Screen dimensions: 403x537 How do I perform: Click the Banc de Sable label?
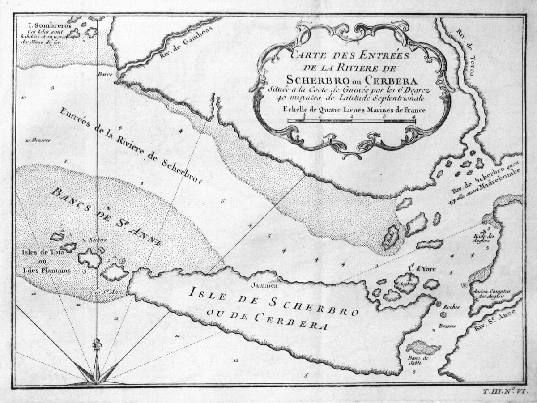pos(419,361)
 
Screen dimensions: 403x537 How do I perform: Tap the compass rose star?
pos(96,373)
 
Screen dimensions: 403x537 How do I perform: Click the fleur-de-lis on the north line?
pos(97,345)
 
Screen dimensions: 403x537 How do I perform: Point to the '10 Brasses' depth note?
pos(38,140)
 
